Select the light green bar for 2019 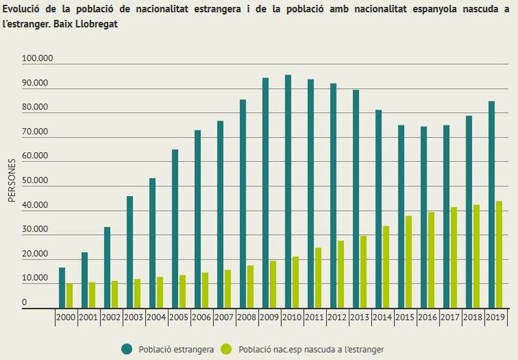(x=499, y=254)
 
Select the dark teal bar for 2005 (x=175, y=228)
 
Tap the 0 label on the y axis (x=24, y=303)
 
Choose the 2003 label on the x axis (x=134, y=318)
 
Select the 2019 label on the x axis (x=495, y=318)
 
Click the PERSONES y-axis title (x=12, y=181)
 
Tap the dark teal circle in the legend (x=127, y=349)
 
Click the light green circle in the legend (x=226, y=349)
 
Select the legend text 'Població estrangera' (x=176, y=350)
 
